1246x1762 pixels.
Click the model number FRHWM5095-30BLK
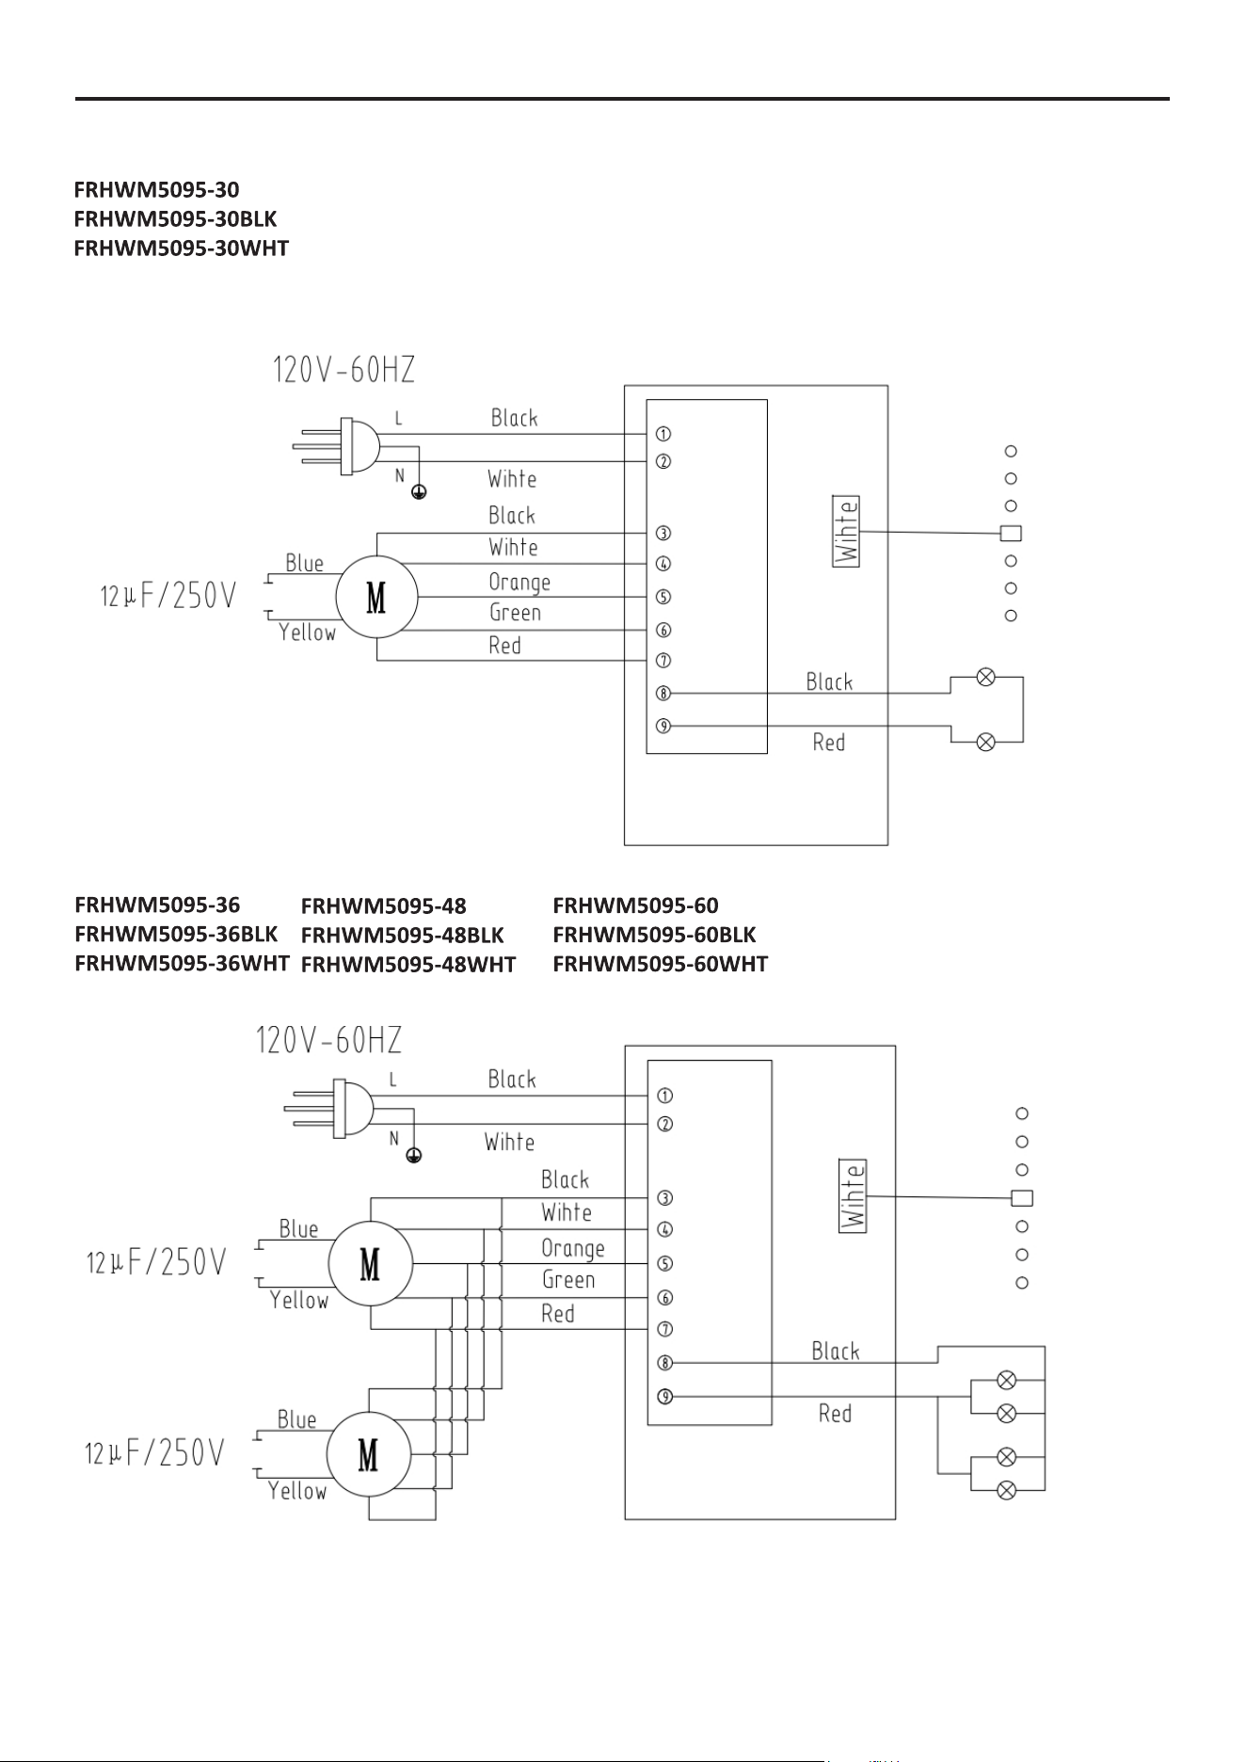pyautogui.click(x=175, y=218)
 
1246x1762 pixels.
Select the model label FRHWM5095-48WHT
pyautogui.click(x=408, y=964)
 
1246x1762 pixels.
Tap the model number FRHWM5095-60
pyautogui.click(x=635, y=905)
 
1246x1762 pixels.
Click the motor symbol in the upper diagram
pyautogui.click(x=376, y=597)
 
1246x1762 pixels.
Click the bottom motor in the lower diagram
pyautogui.click(x=368, y=1454)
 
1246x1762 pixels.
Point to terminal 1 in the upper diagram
pyautogui.click(x=663, y=434)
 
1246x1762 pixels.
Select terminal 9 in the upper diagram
pyautogui.click(x=663, y=726)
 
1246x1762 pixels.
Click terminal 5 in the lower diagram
pyautogui.click(x=664, y=1263)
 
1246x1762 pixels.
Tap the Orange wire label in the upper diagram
pyautogui.click(x=519, y=583)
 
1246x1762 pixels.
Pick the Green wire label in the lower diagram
pyautogui.click(x=568, y=1280)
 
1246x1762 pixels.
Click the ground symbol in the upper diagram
pyautogui.click(x=419, y=491)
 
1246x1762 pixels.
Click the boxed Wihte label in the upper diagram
pyautogui.click(x=847, y=532)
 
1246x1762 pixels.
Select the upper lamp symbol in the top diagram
pyautogui.click(x=986, y=677)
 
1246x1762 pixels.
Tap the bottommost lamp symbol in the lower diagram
pyautogui.click(x=1006, y=1490)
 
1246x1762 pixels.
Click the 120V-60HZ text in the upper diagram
pyautogui.click(x=343, y=370)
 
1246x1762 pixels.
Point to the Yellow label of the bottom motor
pyautogui.click(x=297, y=1491)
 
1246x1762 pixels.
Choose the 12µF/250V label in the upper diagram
pyautogui.click(x=168, y=596)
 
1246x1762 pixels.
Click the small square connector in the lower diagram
pyautogui.click(x=1022, y=1198)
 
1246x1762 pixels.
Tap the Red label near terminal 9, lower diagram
pyautogui.click(x=835, y=1413)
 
